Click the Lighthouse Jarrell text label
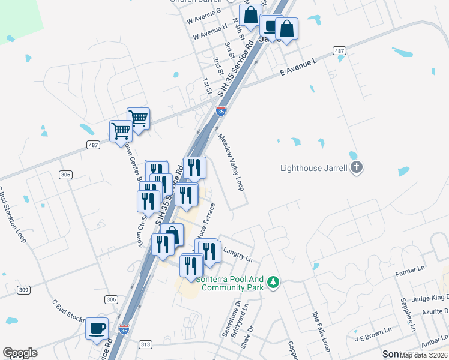point(314,167)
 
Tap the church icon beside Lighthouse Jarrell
point(357,167)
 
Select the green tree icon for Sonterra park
point(273,281)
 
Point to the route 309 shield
point(23,290)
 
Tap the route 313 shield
point(145,344)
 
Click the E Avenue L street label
point(298,67)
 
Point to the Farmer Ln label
point(410,274)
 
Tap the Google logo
point(20,353)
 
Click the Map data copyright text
point(424,355)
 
